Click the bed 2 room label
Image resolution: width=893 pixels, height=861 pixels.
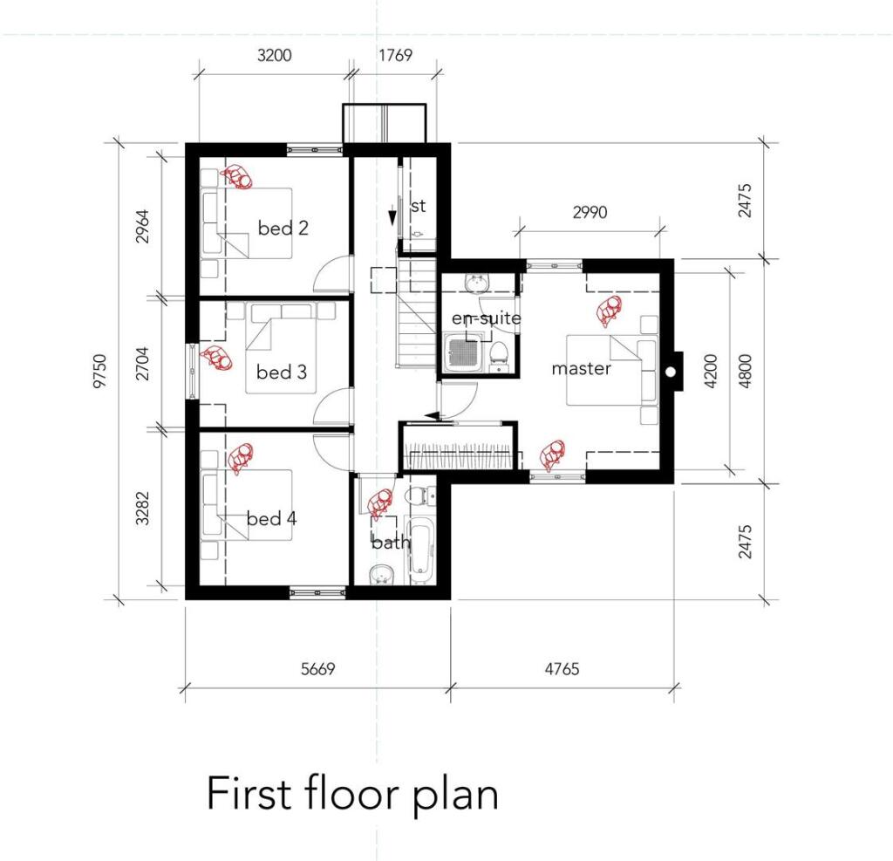point(283,229)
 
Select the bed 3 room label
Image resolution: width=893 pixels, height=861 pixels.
point(281,372)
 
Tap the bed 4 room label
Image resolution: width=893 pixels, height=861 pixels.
point(271,519)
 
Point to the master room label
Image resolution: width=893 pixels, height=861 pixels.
point(581,369)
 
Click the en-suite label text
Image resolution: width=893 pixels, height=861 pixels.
point(485,318)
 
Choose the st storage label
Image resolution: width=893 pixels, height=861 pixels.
point(418,207)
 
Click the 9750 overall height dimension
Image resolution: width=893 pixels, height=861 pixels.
point(102,371)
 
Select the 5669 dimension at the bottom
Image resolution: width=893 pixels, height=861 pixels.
point(317,669)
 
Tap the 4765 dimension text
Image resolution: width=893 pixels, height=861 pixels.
point(562,669)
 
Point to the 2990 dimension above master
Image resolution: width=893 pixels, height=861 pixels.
point(590,213)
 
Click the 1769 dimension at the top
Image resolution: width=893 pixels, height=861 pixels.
point(394,56)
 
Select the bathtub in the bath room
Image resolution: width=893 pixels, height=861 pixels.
point(420,550)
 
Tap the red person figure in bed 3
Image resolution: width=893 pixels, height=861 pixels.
point(215,359)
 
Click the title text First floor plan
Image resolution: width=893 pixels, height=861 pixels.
point(351,794)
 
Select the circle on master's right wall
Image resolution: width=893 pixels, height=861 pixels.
point(671,372)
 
